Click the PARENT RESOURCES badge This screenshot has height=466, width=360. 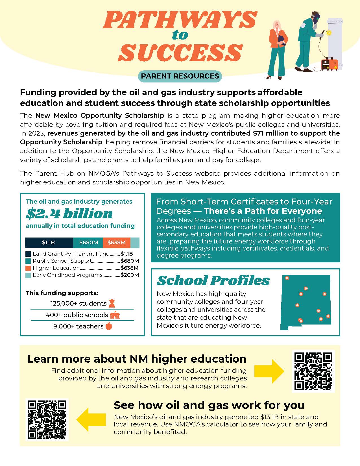click(x=180, y=76)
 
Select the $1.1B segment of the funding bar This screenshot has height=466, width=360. click(x=49, y=243)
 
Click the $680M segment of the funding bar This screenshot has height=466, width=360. click(x=88, y=243)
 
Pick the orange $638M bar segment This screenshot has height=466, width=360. click(x=116, y=243)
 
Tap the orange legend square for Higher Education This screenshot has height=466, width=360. click(x=28, y=268)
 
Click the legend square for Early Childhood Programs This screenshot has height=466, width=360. click(x=28, y=275)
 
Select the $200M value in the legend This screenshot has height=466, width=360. click(x=130, y=275)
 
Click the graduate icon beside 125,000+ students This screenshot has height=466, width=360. click(x=112, y=303)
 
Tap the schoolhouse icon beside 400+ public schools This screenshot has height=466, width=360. click(x=115, y=315)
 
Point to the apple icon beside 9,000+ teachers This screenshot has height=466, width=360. click(x=109, y=326)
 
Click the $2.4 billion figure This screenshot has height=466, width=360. click(x=69, y=214)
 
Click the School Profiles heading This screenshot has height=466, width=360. click(x=213, y=280)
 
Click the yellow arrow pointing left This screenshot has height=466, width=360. click(x=91, y=420)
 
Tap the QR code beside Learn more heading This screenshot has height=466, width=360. click(x=313, y=371)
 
